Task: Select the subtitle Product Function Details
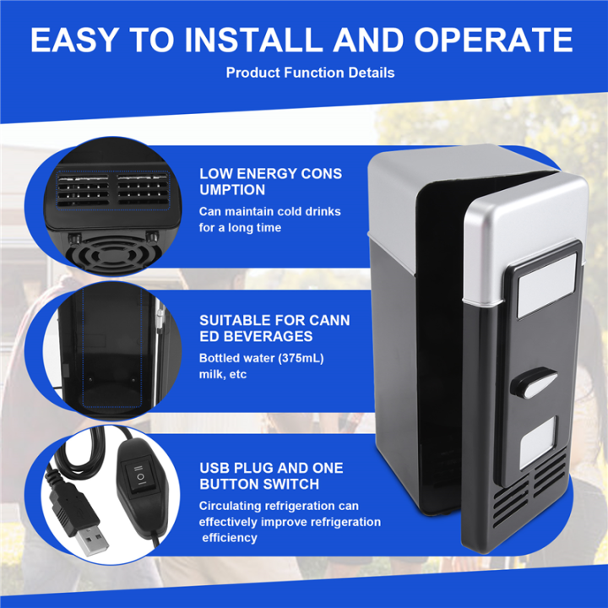point(310,73)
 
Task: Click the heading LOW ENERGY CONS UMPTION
point(270,182)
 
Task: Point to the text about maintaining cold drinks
point(269,220)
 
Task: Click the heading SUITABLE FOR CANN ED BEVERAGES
point(274,328)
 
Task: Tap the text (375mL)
point(296,358)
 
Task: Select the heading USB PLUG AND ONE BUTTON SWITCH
point(271,476)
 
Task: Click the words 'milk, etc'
point(223,374)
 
